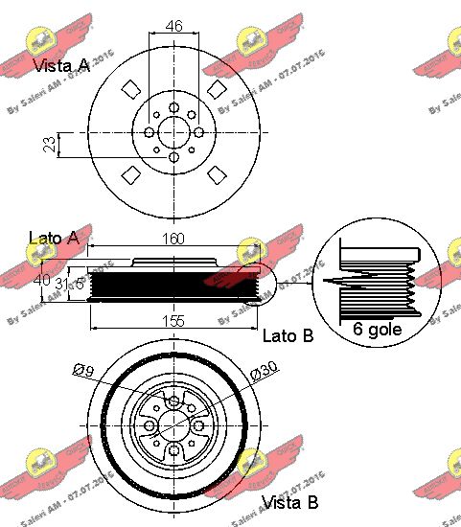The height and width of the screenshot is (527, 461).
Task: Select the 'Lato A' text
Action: [x=54, y=238]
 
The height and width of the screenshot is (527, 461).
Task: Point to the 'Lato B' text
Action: [x=288, y=335]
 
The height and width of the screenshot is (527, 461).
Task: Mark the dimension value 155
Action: [x=173, y=321]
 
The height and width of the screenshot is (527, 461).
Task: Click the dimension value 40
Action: [x=41, y=281]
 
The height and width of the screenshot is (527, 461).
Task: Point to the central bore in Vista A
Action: [x=173, y=133]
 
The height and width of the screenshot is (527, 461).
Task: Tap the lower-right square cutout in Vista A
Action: [x=217, y=174]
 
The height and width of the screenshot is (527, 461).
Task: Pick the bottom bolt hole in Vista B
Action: [x=173, y=452]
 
